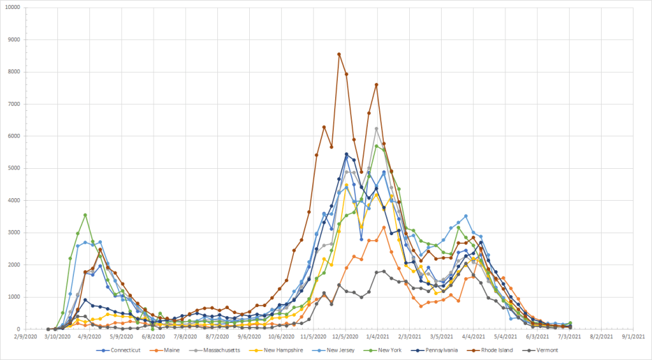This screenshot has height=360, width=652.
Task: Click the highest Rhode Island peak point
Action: pyautogui.click(x=339, y=54)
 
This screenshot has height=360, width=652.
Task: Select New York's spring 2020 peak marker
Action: pyautogui.click(x=85, y=215)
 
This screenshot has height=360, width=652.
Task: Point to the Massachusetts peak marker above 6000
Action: pyautogui.click(x=377, y=129)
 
